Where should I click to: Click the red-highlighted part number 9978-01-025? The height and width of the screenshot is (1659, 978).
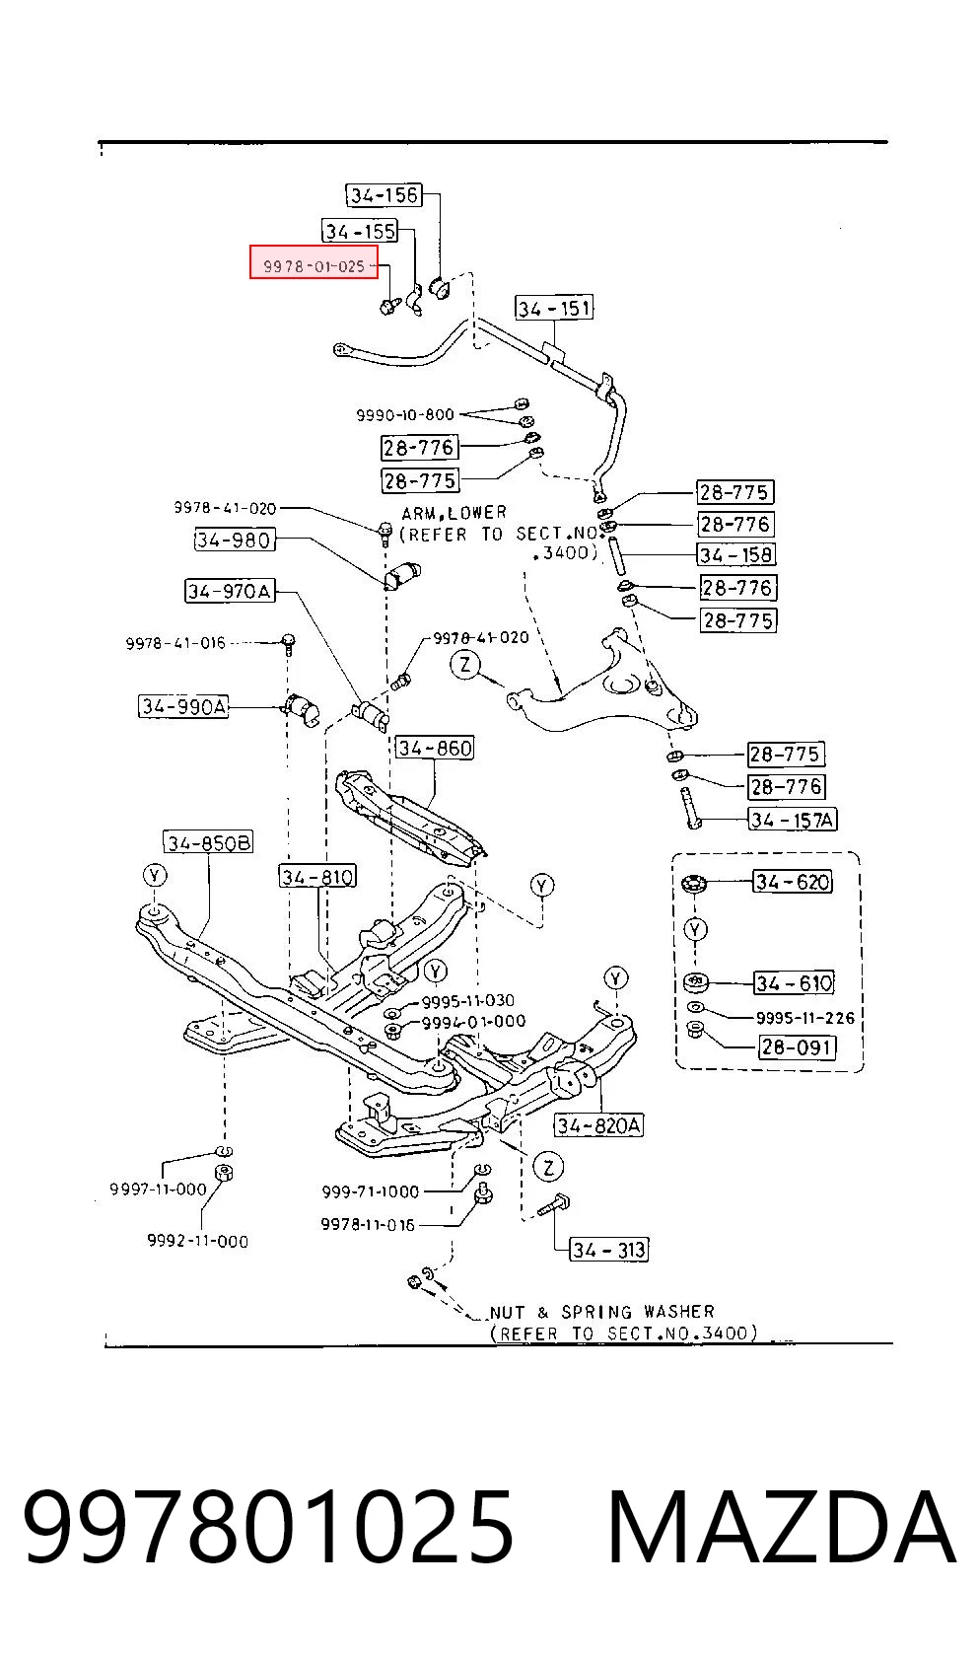[x=314, y=266]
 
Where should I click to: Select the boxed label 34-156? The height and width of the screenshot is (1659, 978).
[x=384, y=194]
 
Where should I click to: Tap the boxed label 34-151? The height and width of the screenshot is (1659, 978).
[x=554, y=308]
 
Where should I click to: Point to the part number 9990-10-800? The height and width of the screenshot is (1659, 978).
[x=405, y=414]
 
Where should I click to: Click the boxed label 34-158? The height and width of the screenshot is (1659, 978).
[x=735, y=554]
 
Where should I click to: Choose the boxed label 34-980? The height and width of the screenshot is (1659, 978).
[x=234, y=540]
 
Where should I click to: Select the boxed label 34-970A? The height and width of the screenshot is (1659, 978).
[x=230, y=591]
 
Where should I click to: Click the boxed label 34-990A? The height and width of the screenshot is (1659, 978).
[x=183, y=706]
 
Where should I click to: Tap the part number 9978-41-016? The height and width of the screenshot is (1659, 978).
[x=175, y=643]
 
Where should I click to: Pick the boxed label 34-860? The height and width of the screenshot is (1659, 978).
[x=435, y=748]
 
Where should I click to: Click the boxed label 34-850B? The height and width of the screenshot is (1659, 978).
[x=208, y=843]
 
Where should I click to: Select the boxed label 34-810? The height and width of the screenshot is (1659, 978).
[x=317, y=877]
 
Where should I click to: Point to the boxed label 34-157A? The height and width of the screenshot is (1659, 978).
[x=793, y=819]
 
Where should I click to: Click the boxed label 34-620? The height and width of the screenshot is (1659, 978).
[x=793, y=882]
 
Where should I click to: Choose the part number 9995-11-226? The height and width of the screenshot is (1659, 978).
[x=805, y=1018]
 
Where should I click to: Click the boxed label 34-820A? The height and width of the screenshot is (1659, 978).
[x=599, y=1125]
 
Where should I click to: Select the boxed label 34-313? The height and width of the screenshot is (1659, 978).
[x=609, y=1251]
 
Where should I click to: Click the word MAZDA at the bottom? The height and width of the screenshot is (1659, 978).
[x=781, y=1528]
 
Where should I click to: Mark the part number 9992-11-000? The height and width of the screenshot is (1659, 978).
[x=198, y=1241]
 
